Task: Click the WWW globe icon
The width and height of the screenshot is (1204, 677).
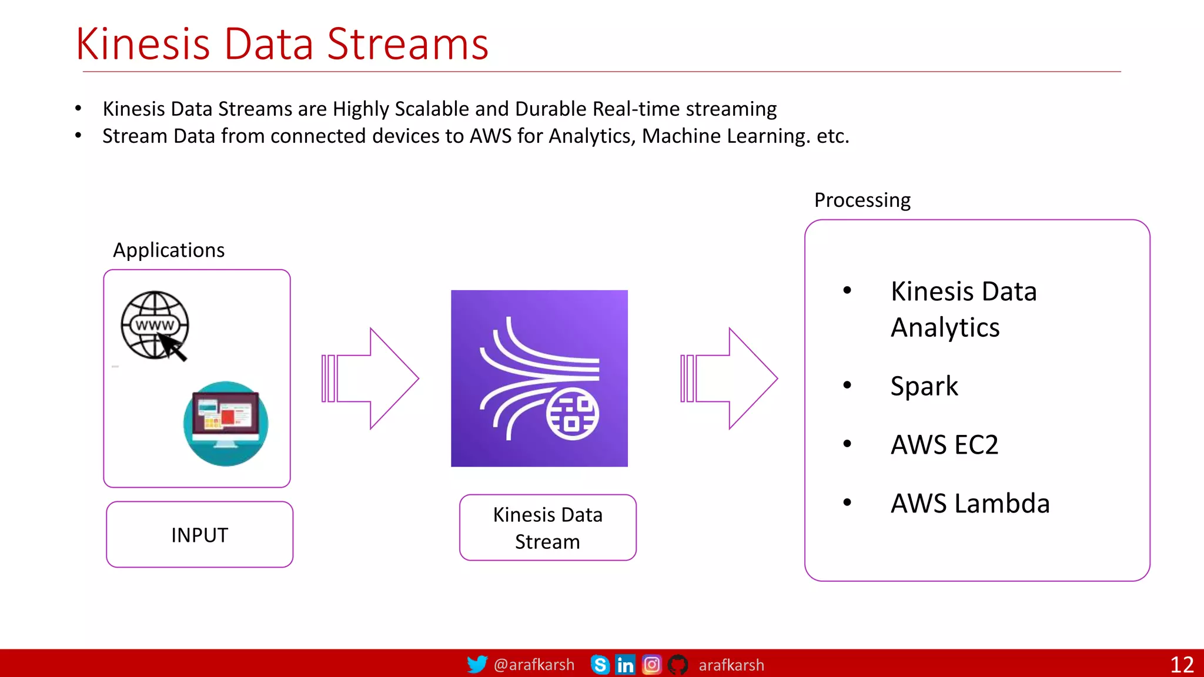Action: click(155, 325)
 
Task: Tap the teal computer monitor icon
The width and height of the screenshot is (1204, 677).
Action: click(226, 424)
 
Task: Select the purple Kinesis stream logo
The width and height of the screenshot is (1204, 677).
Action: click(539, 378)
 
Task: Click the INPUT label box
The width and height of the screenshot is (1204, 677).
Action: click(200, 535)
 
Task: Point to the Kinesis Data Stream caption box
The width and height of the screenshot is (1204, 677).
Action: click(547, 528)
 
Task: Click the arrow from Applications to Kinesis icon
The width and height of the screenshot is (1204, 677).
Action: click(370, 378)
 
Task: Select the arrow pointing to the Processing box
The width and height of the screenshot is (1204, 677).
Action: click(729, 378)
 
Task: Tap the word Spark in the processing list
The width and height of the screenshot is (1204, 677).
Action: click(924, 386)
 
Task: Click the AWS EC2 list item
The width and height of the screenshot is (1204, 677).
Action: click(944, 445)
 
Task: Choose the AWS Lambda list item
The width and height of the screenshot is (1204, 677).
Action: click(970, 504)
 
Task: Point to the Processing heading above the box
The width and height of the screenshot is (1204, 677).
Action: click(862, 200)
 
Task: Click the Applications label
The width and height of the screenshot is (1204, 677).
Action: click(169, 250)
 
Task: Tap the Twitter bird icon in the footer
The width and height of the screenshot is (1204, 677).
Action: click(477, 664)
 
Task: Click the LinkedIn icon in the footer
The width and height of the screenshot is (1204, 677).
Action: click(625, 665)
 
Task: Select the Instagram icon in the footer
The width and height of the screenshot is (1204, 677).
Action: click(651, 665)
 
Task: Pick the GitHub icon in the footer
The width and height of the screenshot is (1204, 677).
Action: click(678, 665)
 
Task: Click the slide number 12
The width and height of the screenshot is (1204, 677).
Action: click(1182, 665)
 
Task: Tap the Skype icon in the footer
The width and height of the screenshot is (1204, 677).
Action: click(600, 665)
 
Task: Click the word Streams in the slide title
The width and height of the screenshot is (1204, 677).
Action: click(407, 44)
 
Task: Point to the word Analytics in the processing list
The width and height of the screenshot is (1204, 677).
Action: click(945, 327)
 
